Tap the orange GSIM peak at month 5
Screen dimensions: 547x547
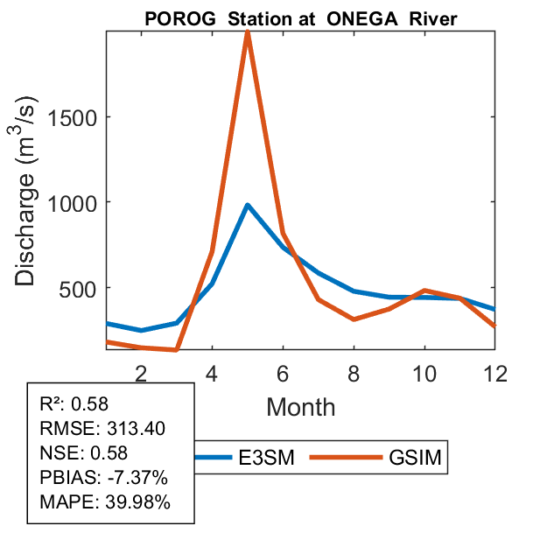click(x=248, y=33)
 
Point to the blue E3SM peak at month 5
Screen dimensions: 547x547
click(x=248, y=205)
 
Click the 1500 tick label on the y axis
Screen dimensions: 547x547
click(x=73, y=117)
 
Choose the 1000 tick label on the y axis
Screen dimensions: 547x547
click(x=73, y=202)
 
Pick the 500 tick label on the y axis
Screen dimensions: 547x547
click(x=80, y=288)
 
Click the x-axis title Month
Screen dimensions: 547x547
click(x=301, y=406)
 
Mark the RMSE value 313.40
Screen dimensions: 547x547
click(x=136, y=429)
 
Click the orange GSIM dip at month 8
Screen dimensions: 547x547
click(x=354, y=319)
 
